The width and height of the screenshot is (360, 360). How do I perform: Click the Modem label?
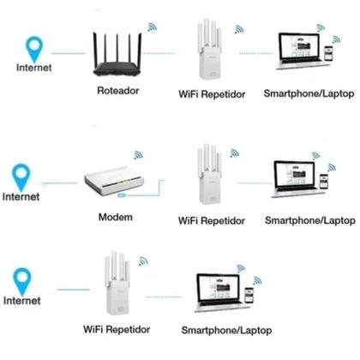[x=116, y=217]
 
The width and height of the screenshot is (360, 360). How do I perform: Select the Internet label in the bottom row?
[x=22, y=301]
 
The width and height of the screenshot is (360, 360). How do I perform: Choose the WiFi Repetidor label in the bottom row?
[x=117, y=328]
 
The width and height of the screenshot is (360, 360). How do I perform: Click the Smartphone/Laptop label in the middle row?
[x=308, y=220]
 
